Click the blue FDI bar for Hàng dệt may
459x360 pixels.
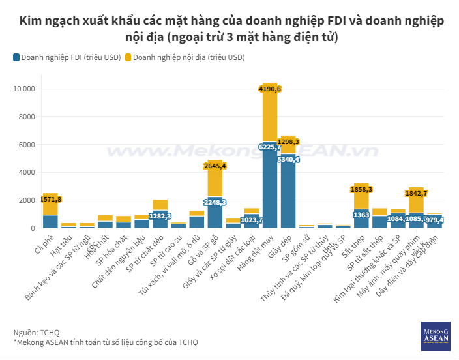tap(270, 189)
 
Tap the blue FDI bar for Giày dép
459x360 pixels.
tap(288, 196)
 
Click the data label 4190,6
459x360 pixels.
tap(270, 89)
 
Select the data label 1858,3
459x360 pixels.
tap(361, 189)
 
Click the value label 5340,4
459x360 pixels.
tap(288, 159)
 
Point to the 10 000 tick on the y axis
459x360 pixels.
tap(22, 89)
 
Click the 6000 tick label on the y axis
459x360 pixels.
tap(25, 145)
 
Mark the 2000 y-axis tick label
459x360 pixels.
tap(25, 200)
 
